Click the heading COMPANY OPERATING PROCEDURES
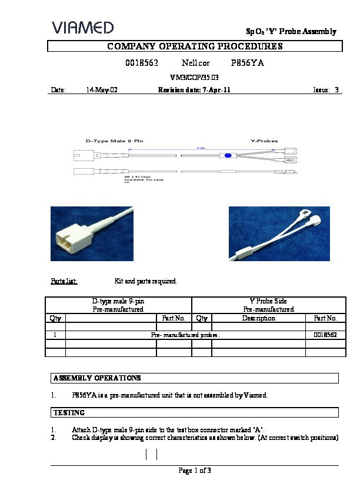(x=194, y=46)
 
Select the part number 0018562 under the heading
(x=140, y=62)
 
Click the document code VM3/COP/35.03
(x=194, y=77)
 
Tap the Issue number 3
(x=336, y=91)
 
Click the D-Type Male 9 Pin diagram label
(x=114, y=141)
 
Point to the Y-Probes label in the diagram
(x=264, y=141)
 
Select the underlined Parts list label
(x=64, y=281)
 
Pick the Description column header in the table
(x=259, y=318)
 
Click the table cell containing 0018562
(x=325, y=335)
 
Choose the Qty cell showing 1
(x=55, y=335)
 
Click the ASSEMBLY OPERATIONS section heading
(x=97, y=378)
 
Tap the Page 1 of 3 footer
(x=194, y=470)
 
